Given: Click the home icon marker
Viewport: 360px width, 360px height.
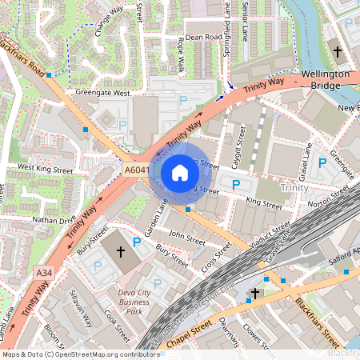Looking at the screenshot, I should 180,173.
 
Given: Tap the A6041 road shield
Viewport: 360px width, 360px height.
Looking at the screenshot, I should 135,170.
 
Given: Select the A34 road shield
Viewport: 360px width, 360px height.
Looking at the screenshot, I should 45,274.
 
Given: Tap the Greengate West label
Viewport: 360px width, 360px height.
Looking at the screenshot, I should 102,93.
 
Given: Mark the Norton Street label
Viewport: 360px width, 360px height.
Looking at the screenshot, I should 329,192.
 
